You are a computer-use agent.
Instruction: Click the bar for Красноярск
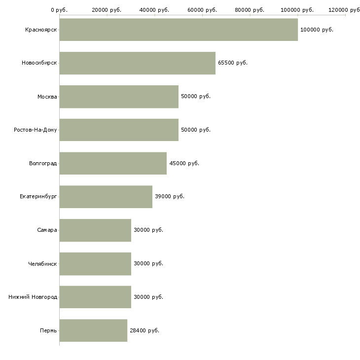pyautogui.click(x=179, y=30)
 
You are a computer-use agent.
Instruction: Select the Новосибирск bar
pyautogui.click(x=138, y=63)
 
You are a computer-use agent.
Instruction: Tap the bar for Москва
pyautogui.click(x=119, y=97)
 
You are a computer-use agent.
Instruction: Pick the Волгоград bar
pyautogui.click(x=113, y=163)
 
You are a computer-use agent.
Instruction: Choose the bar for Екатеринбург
pyautogui.click(x=106, y=197)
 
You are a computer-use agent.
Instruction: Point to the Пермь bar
pyautogui.click(x=93, y=330)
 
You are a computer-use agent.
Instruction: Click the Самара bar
pyautogui.click(x=95, y=230)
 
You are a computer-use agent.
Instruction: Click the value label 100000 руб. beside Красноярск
pyautogui.click(x=317, y=30)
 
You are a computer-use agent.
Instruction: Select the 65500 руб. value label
pyautogui.click(x=233, y=63)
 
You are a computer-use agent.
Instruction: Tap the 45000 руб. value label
pyautogui.click(x=184, y=163)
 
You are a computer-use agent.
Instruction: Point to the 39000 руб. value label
pyautogui.click(x=170, y=197)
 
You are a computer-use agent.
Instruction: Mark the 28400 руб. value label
pyautogui.click(x=144, y=330)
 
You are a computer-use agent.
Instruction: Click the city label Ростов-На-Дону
pyautogui.click(x=36, y=130)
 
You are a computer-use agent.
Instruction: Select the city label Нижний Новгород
pyautogui.click(x=33, y=297)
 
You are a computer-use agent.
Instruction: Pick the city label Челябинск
pyautogui.click(x=42, y=264)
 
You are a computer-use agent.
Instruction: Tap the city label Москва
pyautogui.click(x=47, y=97)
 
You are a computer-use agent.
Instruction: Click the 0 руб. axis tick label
pyautogui.click(x=59, y=10)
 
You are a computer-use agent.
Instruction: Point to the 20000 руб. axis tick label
pyautogui.click(x=107, y=10)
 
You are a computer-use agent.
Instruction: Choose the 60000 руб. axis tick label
pyautogui.click(x=202, y=10)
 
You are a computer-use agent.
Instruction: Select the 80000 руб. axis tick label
pyautogui.click(x=250, y=10)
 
